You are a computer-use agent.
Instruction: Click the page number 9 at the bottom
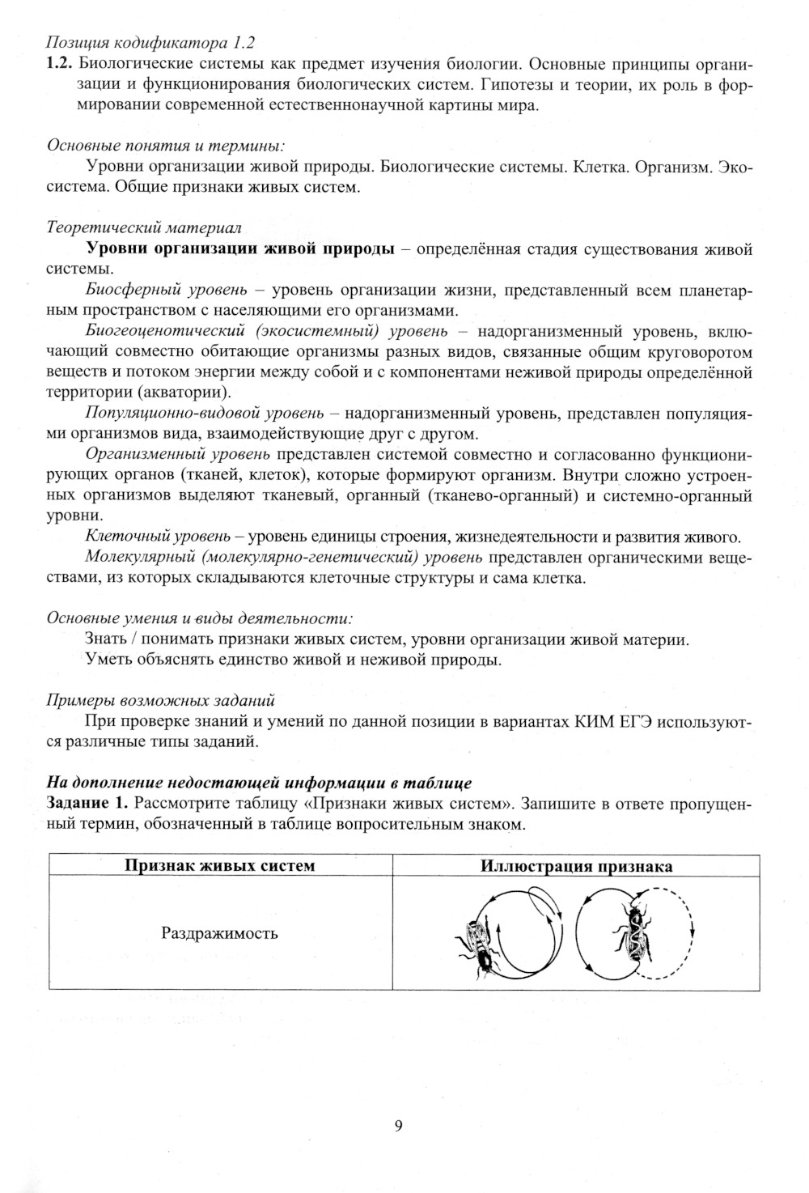(398, 1126)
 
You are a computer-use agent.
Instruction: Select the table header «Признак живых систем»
(219, 866)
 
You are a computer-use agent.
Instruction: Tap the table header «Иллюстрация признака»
(576, 866)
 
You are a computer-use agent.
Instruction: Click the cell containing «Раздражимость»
(219, 933)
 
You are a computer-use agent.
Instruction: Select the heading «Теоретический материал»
(143, 229)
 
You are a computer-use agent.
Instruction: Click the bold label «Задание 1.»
(87, 804)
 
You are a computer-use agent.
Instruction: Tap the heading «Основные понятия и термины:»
(165, 146)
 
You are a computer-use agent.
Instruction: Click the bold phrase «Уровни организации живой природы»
(240, 249)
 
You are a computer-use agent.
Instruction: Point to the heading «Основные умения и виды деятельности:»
(200, 618)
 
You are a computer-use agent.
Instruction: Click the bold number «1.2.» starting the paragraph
(61, 64)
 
